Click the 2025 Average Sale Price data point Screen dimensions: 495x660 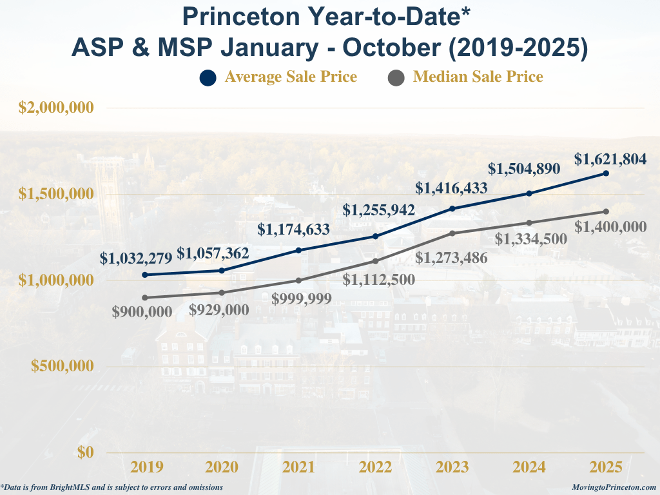(606, 173)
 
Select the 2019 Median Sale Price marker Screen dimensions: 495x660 (145, 298)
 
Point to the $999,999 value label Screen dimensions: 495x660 (302, 298)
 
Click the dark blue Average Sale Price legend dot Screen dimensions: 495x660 (208, 78)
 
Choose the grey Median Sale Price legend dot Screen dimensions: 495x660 (396, 78)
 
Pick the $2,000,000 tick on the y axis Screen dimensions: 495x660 (57, 108)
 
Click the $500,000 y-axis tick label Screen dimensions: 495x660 (63, 366)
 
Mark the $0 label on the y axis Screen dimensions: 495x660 (86, 452)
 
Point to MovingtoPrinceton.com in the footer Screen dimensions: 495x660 (614, 487)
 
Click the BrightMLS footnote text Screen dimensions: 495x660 (112, 487)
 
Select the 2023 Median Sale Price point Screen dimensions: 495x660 (452, 233)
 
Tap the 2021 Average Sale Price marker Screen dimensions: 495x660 (298, 250)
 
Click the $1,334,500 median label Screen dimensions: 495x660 (531, 239)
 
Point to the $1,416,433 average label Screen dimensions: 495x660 (451, 188)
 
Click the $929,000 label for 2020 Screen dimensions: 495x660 (219, 309)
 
